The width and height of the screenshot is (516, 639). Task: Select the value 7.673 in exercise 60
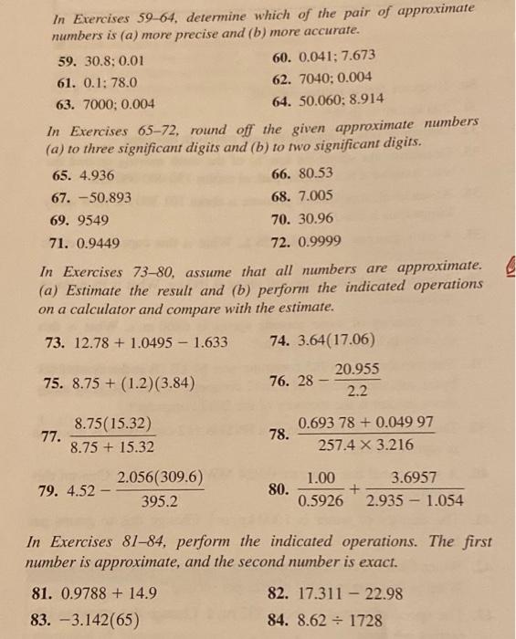click(x=356, y=57)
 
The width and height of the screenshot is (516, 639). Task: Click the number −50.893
click(x=100, y=198)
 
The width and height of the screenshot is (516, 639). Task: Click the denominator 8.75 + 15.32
click(x=112, y=447)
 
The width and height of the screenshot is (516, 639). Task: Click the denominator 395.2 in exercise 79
click(x=159, y=500)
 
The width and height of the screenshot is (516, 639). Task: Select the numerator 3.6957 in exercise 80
click(x=413, y=477)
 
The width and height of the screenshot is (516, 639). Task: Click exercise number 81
click(x=40, y=592)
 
